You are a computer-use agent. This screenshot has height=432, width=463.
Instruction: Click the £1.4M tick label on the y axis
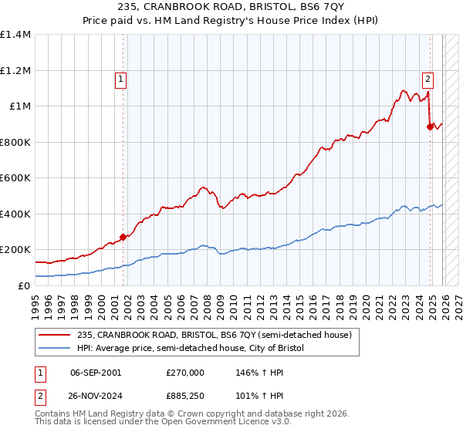coord(15,35)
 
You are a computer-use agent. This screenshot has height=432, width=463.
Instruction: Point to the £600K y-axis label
coord(15,178)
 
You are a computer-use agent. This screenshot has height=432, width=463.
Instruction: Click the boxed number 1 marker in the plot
coord(122,77)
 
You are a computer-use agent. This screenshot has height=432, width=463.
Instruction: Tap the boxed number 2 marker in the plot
coord(428,77)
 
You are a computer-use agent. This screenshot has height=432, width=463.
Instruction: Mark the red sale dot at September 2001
coord(123,238)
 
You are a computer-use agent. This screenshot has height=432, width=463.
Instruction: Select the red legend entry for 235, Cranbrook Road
coord(223,335)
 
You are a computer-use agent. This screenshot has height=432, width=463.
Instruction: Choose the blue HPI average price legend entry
coord(200,349)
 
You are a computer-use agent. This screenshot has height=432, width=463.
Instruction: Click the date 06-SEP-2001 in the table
coord(96,372)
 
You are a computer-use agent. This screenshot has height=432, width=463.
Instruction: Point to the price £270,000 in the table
coord(185,372)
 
